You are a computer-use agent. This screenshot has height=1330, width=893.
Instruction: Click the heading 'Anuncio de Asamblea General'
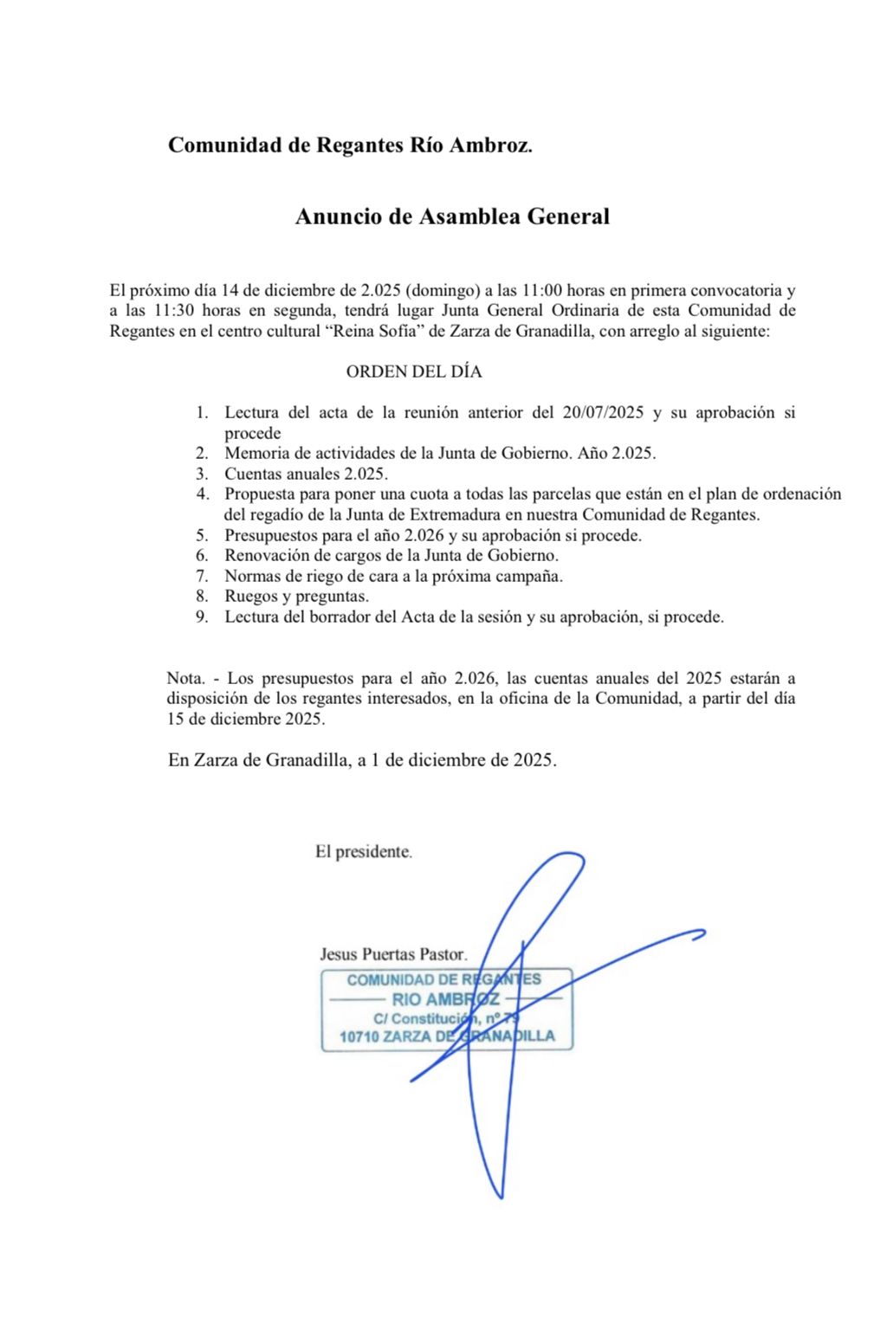(x=452, y=216)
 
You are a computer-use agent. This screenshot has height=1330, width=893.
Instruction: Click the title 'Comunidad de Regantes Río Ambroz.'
(x=350, y=145)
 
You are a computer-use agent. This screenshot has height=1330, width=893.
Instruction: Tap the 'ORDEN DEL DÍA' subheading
(x=413, y=371)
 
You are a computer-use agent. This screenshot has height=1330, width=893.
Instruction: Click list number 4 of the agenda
(x=202, y=494)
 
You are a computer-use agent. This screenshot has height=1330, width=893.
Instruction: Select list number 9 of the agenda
(x=202, y=617)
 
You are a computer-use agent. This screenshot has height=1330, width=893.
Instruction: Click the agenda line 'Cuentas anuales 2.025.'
(x=306, y=474)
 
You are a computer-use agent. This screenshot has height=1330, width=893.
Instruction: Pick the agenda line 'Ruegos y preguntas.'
(x=296, y=597)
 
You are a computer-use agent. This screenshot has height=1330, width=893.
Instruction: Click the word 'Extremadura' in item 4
(x=450, y=514)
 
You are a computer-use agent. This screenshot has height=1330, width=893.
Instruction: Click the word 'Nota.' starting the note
(x=186, y=679)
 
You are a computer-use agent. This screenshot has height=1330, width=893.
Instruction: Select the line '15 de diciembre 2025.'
(x=246, y=719)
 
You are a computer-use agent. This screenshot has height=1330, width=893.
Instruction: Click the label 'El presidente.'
(x=363, y=852)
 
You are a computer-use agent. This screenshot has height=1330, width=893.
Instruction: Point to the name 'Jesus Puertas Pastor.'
(x=393, y=954)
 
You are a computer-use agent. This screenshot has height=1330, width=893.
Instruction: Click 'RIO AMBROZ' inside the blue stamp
(x=445, y=999)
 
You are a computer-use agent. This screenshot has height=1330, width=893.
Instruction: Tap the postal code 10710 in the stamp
(x=359, y=1036)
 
